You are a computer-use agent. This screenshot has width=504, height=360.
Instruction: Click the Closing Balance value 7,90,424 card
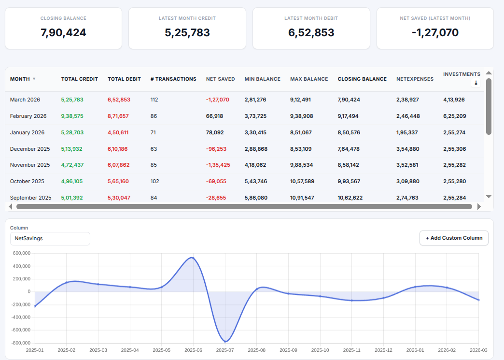coord(63,33)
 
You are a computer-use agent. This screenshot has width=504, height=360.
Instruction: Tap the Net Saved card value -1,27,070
coord(435,33)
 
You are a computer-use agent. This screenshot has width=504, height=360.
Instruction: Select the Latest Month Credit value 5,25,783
coord(187,33)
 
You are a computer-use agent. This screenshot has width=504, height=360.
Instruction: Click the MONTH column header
coord(20,79)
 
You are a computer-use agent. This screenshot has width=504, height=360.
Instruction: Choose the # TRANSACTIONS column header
coord(173,79)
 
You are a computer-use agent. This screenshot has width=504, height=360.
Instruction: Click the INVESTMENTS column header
coord(462,74)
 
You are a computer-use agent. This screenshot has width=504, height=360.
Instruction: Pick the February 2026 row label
coord(28,116)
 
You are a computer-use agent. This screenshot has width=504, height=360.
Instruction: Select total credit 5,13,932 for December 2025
coord(72,149)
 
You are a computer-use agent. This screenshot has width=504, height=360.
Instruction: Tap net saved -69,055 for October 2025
coord(216,181)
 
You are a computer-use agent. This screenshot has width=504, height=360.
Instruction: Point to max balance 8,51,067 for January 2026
coord(301,132)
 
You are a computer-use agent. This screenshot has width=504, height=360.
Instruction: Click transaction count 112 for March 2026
coord(154,100)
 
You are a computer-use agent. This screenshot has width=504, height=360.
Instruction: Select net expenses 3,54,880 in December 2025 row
coord(407,149)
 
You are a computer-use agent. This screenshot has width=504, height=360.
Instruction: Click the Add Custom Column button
coord(454,238)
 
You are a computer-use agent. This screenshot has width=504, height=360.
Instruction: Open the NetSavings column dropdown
coord(50,239)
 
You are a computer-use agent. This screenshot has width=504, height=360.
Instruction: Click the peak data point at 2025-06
coord(193,258)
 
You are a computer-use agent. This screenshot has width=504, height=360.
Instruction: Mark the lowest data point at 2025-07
coord(225,341)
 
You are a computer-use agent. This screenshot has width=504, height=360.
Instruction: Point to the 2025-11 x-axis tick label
coord(351,350)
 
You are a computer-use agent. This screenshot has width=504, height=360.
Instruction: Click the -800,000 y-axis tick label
coord(21,343)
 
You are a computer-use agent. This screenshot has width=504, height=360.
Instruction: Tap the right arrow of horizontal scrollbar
coord(479,206)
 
